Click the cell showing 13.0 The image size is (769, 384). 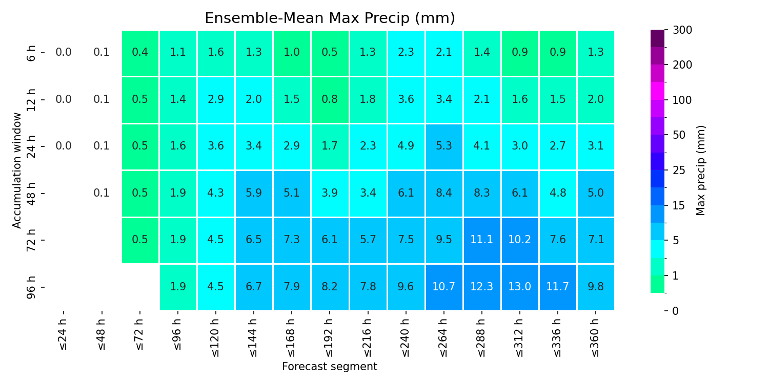pos(520,287)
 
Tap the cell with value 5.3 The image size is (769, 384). pos(444,146)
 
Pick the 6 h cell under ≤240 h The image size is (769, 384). pos(406,53)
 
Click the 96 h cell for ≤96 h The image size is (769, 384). pos(178,287)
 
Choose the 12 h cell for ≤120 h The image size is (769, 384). pos(216,100)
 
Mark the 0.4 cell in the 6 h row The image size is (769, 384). pos(140,53)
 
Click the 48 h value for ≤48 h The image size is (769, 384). pos(102,193)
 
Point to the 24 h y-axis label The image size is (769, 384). pos(31,146)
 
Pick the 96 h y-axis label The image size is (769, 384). pos(31,287)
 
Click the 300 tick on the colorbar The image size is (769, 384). pos(682,30)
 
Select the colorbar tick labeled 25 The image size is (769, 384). pos(679,170)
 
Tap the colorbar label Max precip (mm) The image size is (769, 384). pos(700,170)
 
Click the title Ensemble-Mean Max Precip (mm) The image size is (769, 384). pos(330,18)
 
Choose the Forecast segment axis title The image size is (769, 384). pos(330,367)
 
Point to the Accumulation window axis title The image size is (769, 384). pos(16,170)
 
